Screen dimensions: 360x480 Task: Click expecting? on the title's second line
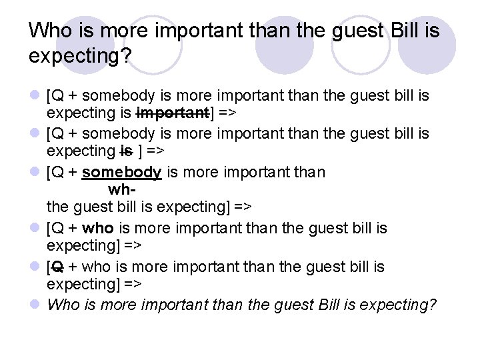[x=80, y=57]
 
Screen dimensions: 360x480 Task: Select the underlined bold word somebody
[x=121, y=173]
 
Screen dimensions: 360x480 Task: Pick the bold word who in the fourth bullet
[x=97, y=229]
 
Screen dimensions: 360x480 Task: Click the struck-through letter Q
[x=57, y=267]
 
